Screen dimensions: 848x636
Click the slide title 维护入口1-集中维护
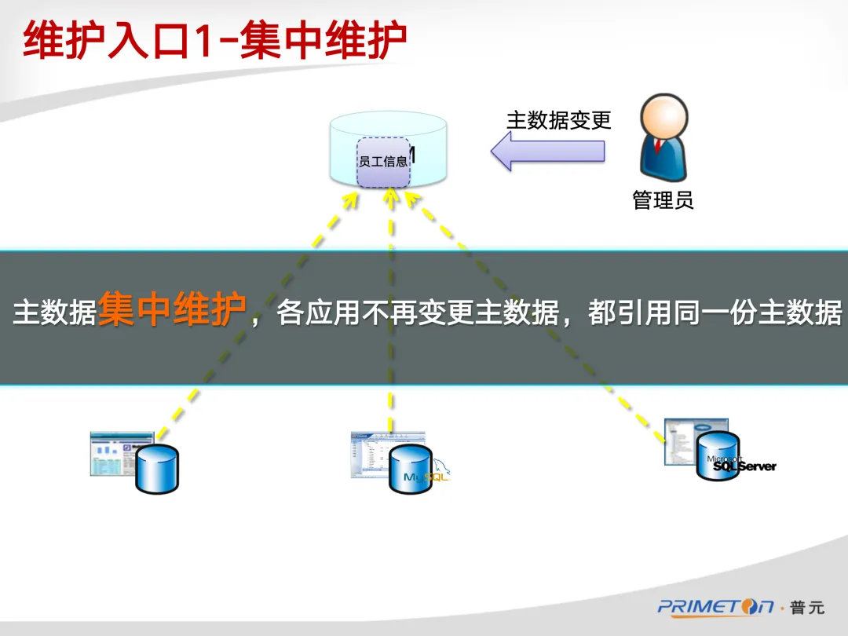(214, 41)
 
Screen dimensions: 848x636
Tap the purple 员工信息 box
(383, 162)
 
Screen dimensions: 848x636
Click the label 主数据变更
(558, 120)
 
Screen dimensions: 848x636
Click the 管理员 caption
(663, 200)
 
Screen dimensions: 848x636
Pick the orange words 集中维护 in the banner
(171, 312)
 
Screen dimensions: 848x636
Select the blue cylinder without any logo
(157, 468)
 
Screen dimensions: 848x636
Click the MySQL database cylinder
(410, 469)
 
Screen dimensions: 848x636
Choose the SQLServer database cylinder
(718, 455)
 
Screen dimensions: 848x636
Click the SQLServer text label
(744, 466)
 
